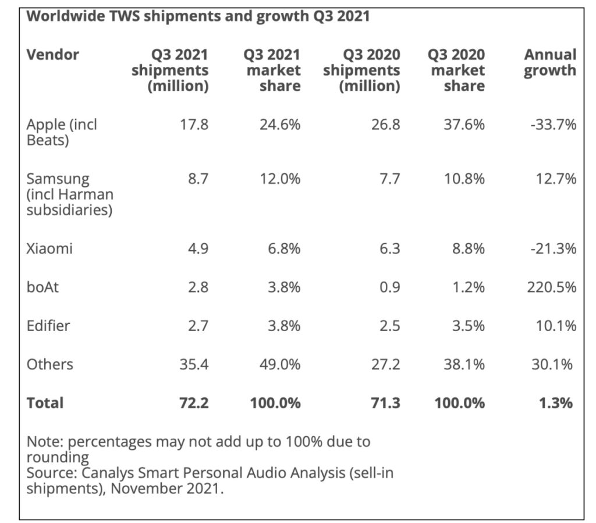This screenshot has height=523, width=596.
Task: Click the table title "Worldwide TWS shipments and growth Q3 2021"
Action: tap(198, 16)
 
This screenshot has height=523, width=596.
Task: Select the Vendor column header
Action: tap(53, 55)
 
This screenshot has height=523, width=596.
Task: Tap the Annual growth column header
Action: tap(549, 63)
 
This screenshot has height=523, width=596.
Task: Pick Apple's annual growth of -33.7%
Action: tap(553, 124)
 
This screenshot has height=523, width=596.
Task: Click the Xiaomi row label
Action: tap(49, 249)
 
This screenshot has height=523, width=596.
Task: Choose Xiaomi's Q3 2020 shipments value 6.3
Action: tap(388, 249)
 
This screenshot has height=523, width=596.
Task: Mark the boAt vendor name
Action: tap(42, 287)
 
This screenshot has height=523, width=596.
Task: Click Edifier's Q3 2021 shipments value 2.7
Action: tap(197, 326)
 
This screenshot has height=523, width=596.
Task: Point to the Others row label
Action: tap(50, 364)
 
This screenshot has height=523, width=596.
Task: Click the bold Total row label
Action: tap(45, 403)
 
